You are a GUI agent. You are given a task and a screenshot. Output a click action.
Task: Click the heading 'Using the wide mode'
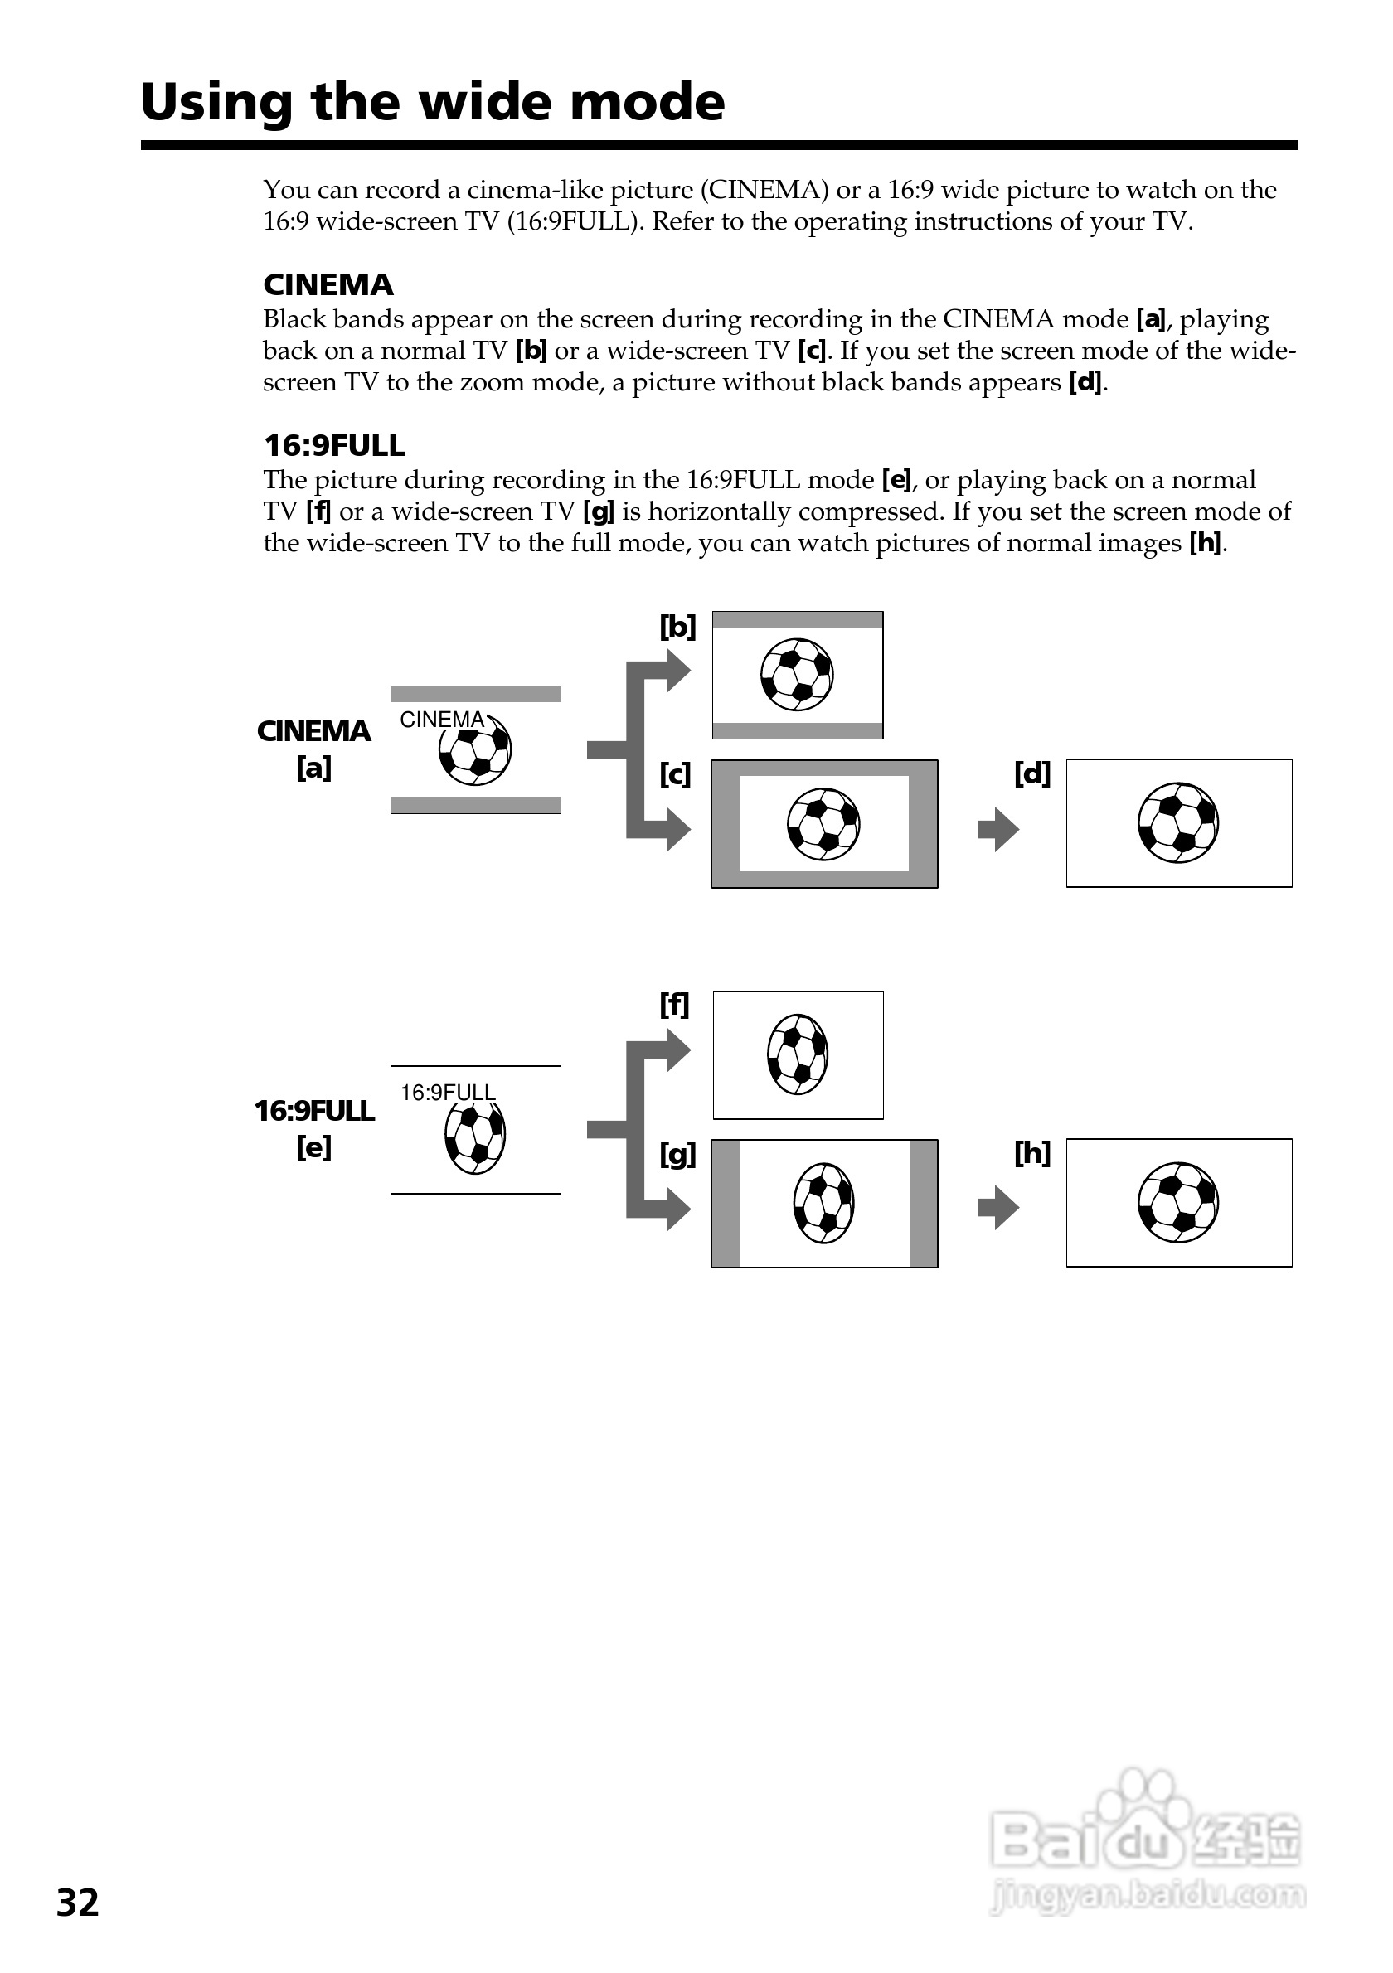click(x=432, y=102)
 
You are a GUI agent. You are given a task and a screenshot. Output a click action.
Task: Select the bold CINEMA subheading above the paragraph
click(x=328, y=284)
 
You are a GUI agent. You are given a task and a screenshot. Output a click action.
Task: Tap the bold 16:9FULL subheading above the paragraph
click(x=334, y=445)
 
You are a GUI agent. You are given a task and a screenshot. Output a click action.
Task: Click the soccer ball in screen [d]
click(x=1178, y=822)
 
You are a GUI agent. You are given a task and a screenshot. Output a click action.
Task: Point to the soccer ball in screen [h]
click(x=1178, y=1202)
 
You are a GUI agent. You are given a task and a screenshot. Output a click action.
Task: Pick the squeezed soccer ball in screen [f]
click(x=798, y=1054)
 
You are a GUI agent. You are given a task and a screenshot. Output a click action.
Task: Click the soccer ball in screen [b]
click(x=797, y=675)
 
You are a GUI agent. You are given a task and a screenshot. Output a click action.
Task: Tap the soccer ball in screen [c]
click(x=823, y=824)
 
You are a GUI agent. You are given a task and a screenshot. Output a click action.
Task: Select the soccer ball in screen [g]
click(x=823, y=1203)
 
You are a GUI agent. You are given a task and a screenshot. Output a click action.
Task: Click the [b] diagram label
click(x=677, y=627)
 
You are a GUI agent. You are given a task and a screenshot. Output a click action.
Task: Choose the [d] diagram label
click(x=1032, y=774)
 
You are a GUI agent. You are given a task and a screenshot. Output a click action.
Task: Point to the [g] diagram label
click(x=677, y=1155)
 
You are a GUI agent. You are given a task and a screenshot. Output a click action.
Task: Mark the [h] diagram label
click(x=1032, y=1153)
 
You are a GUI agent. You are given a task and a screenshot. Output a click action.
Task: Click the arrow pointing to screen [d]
click(x=998, y=829)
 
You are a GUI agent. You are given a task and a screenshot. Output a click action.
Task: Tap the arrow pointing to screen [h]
click(x=998, y=1208)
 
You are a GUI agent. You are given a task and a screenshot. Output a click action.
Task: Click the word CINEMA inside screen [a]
click(x=443, y=720)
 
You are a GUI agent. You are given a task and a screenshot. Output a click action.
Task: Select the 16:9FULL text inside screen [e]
click(x=448, y=1093)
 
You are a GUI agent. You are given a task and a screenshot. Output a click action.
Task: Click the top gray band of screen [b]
click(x=798, y=620)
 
